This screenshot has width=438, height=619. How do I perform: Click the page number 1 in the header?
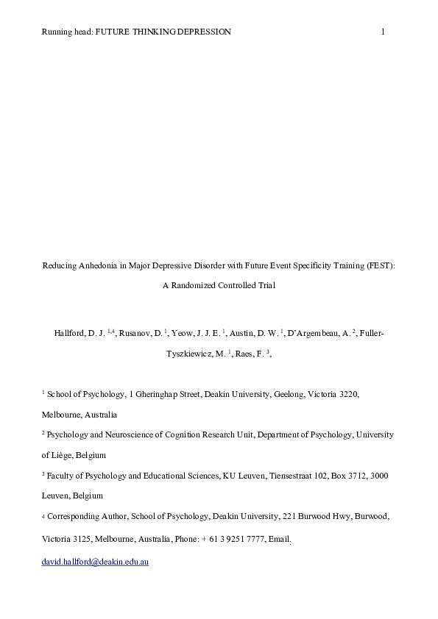click(384, 32)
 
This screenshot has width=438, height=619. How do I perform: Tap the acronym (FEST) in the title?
click(380, 266)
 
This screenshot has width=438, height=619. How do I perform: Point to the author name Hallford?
click(70, 334)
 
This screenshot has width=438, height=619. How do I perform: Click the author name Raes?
click(247, 353)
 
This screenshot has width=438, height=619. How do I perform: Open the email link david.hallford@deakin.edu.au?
click(95, 565)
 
